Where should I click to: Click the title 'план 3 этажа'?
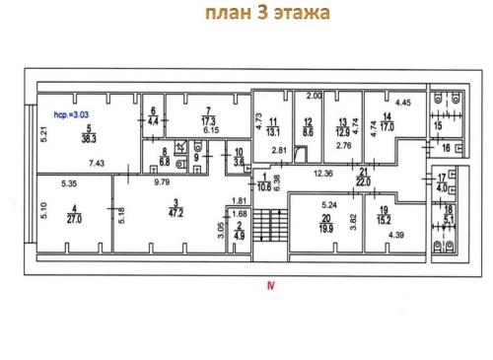pyautogui.click(x=266, y=15)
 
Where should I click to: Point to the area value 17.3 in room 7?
pyautogui.click(x=207, y=119)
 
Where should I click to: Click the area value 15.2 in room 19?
pyautogui.click(x=383, y=220)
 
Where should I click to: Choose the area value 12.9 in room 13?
pyautogui.click(x=341, y=129)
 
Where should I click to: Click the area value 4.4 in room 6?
pyautogui.click(x=153, y=120)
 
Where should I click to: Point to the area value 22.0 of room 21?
pyautogui.click(x=363, y=180)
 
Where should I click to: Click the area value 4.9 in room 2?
pyautogui.click(x=239, y=235)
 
